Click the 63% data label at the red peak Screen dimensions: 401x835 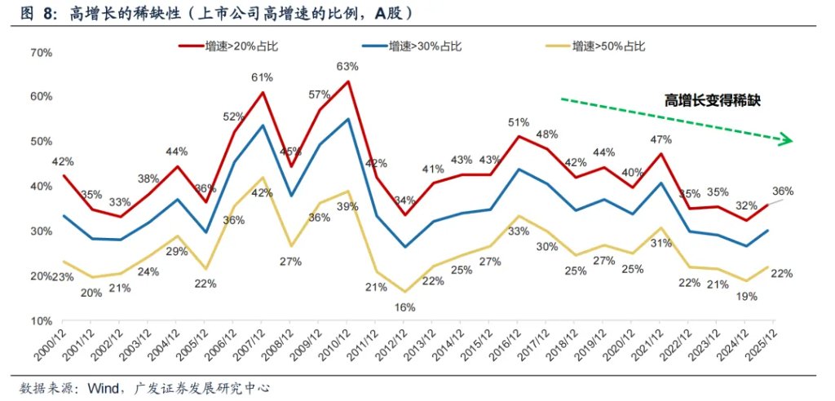348,66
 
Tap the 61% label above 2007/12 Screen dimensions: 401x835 262,77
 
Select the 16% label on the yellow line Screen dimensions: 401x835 405,307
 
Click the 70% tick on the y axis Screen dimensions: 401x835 41,52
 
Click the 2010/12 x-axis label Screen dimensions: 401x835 342,346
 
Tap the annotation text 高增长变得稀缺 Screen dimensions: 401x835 712,101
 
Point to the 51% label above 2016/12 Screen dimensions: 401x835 519,122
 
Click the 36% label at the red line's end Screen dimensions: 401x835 783,192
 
